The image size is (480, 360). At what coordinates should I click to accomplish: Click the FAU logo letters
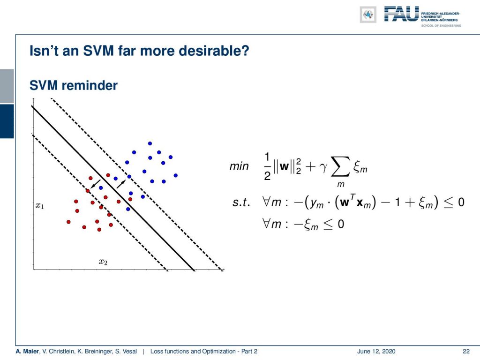coord(401,14)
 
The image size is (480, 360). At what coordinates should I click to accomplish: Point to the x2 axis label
coord(103,262)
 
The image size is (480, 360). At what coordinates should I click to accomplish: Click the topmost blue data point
coord(150,143)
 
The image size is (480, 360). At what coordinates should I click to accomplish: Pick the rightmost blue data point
coord(176,175)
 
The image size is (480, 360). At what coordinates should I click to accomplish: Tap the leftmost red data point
coord(68,222)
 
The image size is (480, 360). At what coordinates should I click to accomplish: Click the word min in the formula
coord(239,166)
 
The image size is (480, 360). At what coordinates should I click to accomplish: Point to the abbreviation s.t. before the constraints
coord(241,202)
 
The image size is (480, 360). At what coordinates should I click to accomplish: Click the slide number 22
coord(466,351)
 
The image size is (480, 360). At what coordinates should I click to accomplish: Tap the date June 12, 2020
coord(376,351)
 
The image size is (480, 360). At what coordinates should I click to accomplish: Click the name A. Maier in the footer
coord(27,351)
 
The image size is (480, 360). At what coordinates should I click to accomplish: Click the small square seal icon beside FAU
coord(368,15)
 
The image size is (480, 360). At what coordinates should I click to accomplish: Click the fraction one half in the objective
coord(267,166)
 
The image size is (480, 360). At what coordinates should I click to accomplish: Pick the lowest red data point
coord(99,230)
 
